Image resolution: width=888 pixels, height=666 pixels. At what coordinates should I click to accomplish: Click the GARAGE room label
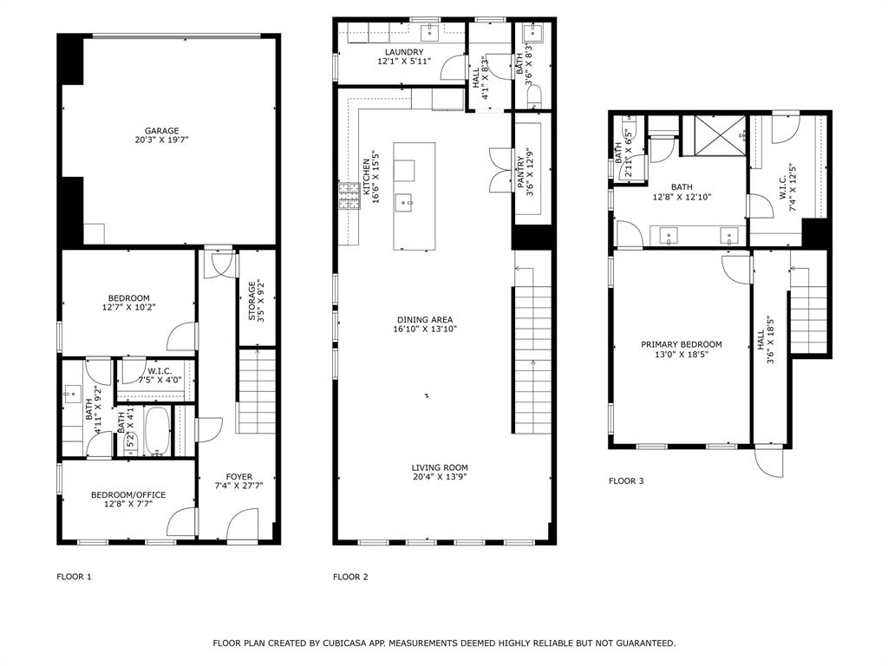(162, 131)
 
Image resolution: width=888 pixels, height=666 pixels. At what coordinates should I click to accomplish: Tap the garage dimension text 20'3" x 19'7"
(162, 140)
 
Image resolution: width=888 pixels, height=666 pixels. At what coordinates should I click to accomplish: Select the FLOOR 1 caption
(74, 577)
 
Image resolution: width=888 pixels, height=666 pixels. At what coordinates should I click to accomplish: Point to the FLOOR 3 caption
(626, 480)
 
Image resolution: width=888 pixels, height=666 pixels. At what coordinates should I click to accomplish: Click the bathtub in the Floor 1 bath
(157, 431)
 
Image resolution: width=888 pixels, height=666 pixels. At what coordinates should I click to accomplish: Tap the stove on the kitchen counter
(349, 197)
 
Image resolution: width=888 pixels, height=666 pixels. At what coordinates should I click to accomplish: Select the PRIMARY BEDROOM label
(681, 344)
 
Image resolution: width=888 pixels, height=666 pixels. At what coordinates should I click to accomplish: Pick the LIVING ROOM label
(440, 467)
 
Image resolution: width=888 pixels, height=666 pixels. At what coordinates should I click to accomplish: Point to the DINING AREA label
(424, 319)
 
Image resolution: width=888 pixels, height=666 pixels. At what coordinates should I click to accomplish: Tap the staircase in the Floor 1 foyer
(256, 390)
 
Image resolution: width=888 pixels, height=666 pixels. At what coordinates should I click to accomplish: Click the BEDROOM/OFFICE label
(127, 495)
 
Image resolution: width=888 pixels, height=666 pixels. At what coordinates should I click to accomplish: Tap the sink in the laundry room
(429, 34)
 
